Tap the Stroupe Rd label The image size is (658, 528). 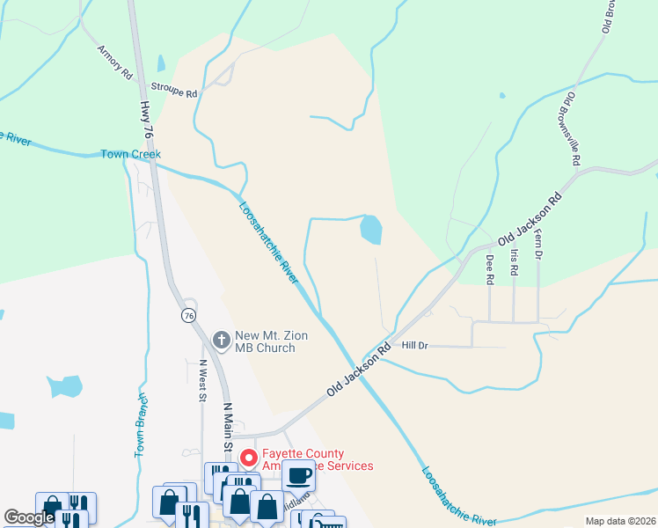174,88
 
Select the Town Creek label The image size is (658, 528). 131,154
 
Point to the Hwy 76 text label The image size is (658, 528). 145,120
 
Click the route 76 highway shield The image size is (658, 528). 188,315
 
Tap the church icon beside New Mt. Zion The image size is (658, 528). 222,339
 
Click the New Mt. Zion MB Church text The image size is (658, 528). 264,341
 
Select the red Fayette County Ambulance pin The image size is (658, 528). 248,458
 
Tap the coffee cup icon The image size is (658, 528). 298,475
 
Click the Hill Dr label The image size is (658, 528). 413,346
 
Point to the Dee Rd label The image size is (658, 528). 490,269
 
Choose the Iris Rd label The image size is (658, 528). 515,261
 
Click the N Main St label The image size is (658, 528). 226,427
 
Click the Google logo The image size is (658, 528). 29,518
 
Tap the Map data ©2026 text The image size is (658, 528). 619,521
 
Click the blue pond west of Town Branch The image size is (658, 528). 64,386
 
